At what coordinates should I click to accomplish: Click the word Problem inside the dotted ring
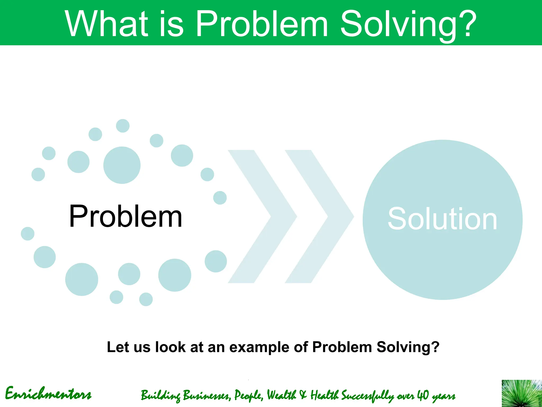[126, 216]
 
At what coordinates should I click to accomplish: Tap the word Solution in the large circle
[442, 219]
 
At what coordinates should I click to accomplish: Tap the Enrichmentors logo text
[48, 394]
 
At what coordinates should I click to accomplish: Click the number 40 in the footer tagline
[423, 395]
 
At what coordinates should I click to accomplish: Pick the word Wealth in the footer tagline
[281, 395]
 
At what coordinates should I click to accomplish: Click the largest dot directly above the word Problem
[122, 165]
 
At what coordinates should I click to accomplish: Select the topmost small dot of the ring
[123, 126]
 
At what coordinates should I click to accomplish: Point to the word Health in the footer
[324, 395]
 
